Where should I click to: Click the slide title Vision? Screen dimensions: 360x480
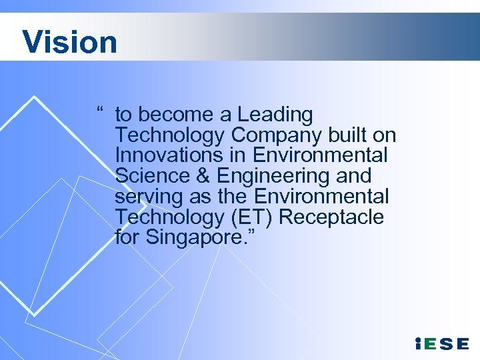(x=69, y=41)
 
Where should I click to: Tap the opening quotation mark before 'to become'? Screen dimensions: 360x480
(x=99, y=111)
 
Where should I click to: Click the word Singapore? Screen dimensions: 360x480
(x=190, y=238)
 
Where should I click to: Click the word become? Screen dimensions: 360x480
(x=179, y=115)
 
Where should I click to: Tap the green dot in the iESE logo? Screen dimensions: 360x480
(x=417, y=339)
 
